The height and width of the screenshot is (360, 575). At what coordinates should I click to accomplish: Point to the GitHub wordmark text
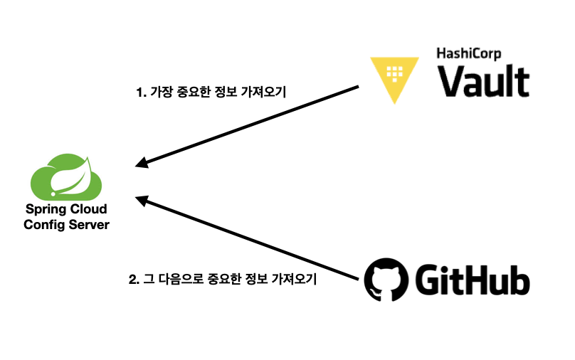(x=472, y=280)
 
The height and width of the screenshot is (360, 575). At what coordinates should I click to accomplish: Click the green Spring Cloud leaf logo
(x=66, y=177)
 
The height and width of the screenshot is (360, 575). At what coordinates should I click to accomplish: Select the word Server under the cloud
(x=87, y=225)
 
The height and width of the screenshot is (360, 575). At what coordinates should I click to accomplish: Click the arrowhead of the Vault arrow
(x=142, y=164)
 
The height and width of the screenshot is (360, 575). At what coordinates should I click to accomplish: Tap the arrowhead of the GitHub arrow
(x=142, y=199)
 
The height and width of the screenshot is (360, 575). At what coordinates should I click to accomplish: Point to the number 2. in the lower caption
(x=133, y=280)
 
